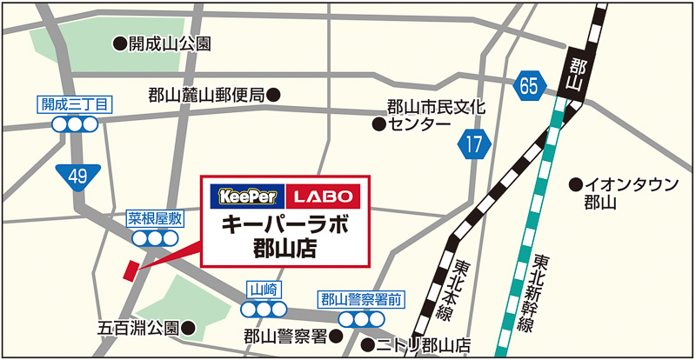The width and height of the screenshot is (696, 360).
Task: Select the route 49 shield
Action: click(78, 177)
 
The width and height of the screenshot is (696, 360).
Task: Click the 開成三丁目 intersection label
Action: click(74, 104)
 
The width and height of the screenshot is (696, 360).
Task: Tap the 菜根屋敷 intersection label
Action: click(154, 217)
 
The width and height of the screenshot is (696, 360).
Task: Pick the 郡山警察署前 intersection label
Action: click(360, 299)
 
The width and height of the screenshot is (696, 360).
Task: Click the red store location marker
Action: click(130, 270)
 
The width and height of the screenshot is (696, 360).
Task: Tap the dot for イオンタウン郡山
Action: click(575, 183)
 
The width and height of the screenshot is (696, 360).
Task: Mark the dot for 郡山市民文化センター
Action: click(378, 124)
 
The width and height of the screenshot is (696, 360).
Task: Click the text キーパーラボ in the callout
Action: click(285, 225)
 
